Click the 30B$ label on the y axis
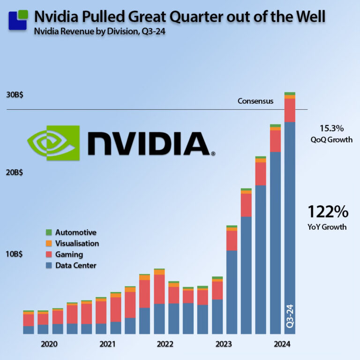(15, 94)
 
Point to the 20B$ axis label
(15, 172)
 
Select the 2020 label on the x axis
(49, 344)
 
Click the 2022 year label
(165, 344)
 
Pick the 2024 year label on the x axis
(282, 344)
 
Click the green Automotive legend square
(49, 232)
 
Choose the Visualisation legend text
(77, 243)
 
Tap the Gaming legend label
(69, 255)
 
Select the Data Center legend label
(75, 266)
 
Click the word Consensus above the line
(255, 101)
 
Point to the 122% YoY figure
(328, 212)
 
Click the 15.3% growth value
(331, 128)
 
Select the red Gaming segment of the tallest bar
(290, 110)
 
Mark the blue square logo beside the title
(18, 19)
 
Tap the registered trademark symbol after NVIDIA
(213, 153)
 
